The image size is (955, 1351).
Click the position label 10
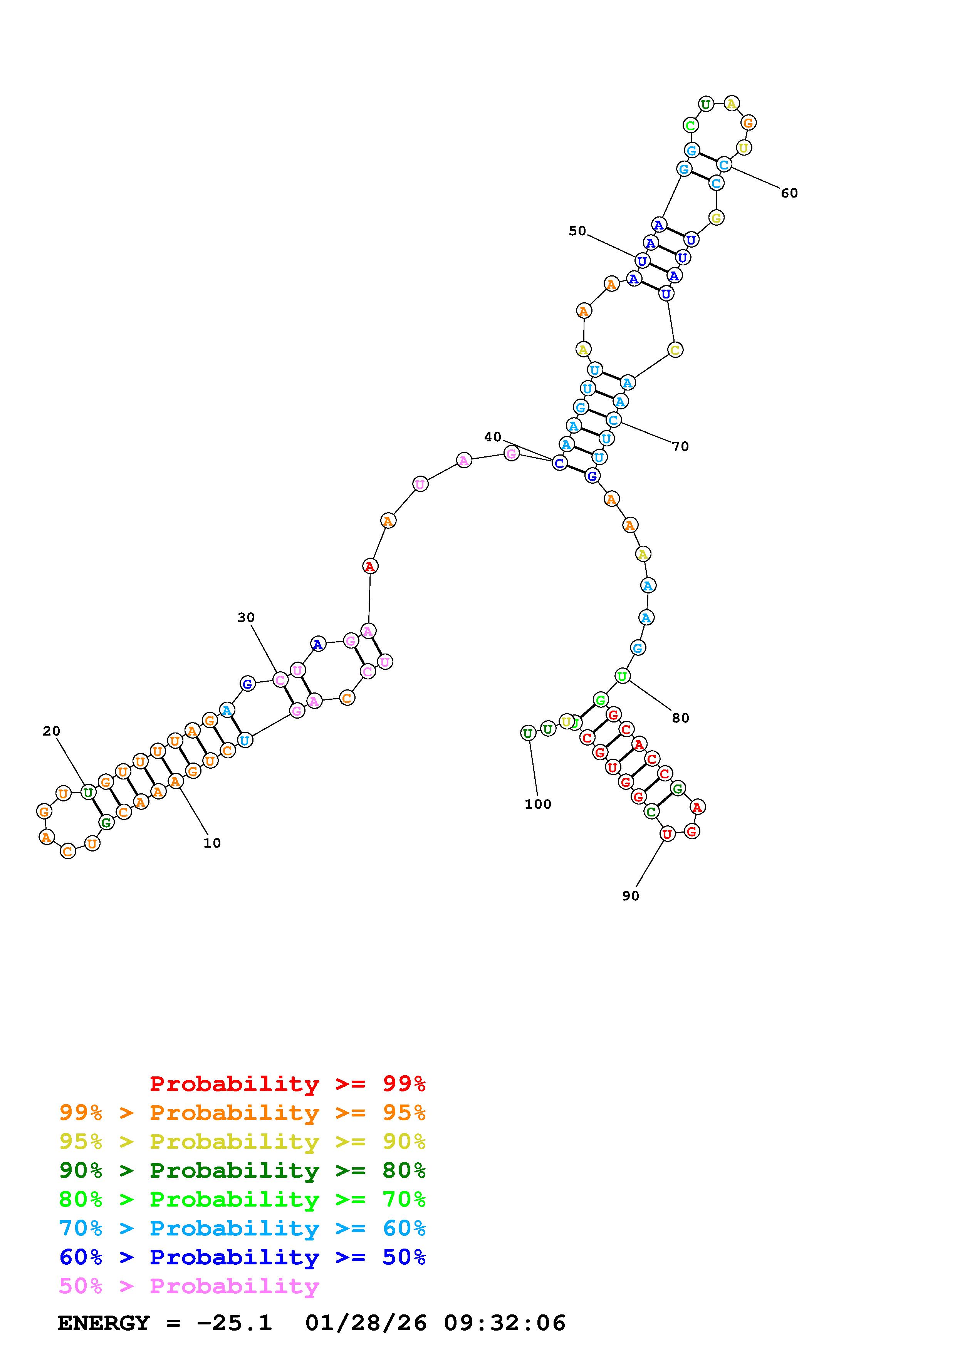212,843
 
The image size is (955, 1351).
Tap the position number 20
51,731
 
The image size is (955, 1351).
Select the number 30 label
246,617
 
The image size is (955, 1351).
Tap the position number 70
680,447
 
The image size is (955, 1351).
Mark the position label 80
680,718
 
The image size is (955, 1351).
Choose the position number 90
630,895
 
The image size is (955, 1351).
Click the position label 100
538,805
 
